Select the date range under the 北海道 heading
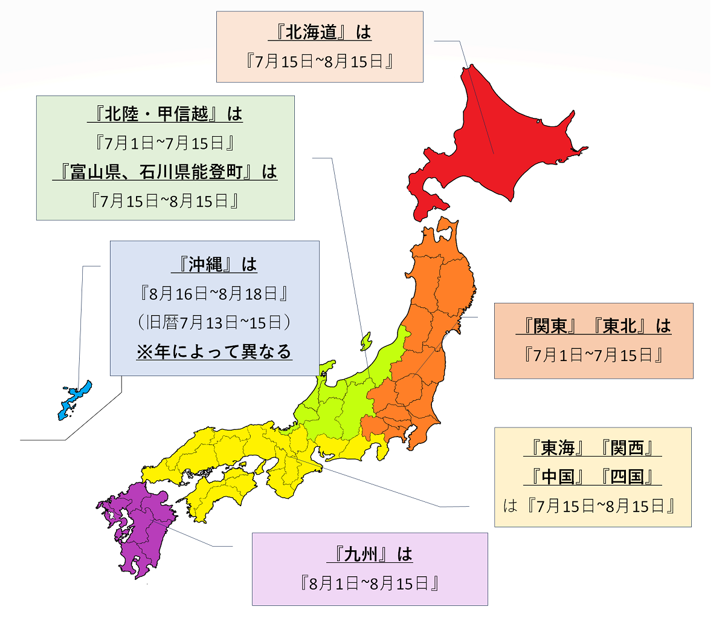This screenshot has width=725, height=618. click(x=320, y=61)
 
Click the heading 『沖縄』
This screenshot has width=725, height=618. click(x=206, y=265)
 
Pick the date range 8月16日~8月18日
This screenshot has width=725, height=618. click(x=214, y=294)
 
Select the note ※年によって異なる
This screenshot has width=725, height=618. click(x=214, y=352)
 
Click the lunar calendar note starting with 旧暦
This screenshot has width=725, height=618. click(x=214, y=323)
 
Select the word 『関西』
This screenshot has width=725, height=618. click(x=628, y=448)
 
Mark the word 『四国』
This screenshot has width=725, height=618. click(x=628, y=477)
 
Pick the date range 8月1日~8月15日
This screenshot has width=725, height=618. click(x=369, y=584)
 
